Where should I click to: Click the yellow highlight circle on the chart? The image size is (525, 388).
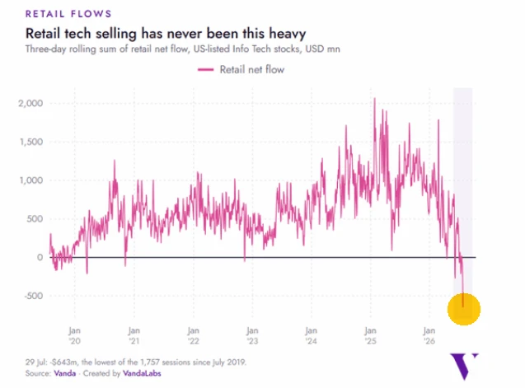464,309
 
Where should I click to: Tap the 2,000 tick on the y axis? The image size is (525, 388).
30,103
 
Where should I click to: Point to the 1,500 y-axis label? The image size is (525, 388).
31,142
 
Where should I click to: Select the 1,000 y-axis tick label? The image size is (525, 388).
31,180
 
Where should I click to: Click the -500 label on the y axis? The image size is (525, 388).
34,296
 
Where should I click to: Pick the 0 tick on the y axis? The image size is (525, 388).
40,257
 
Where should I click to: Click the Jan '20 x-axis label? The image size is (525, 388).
75,336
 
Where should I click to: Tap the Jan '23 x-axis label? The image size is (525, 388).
252,336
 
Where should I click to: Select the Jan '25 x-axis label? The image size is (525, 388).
370,336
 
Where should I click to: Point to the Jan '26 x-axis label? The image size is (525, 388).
429,336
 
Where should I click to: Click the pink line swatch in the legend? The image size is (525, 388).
205,70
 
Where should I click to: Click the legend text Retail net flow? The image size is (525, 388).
252,70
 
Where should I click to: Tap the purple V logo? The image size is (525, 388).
464,366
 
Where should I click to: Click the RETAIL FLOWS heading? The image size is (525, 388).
68,14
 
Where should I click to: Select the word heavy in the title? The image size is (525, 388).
288,34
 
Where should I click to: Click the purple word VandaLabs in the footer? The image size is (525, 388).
142,373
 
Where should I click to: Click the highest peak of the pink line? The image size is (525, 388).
375,98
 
